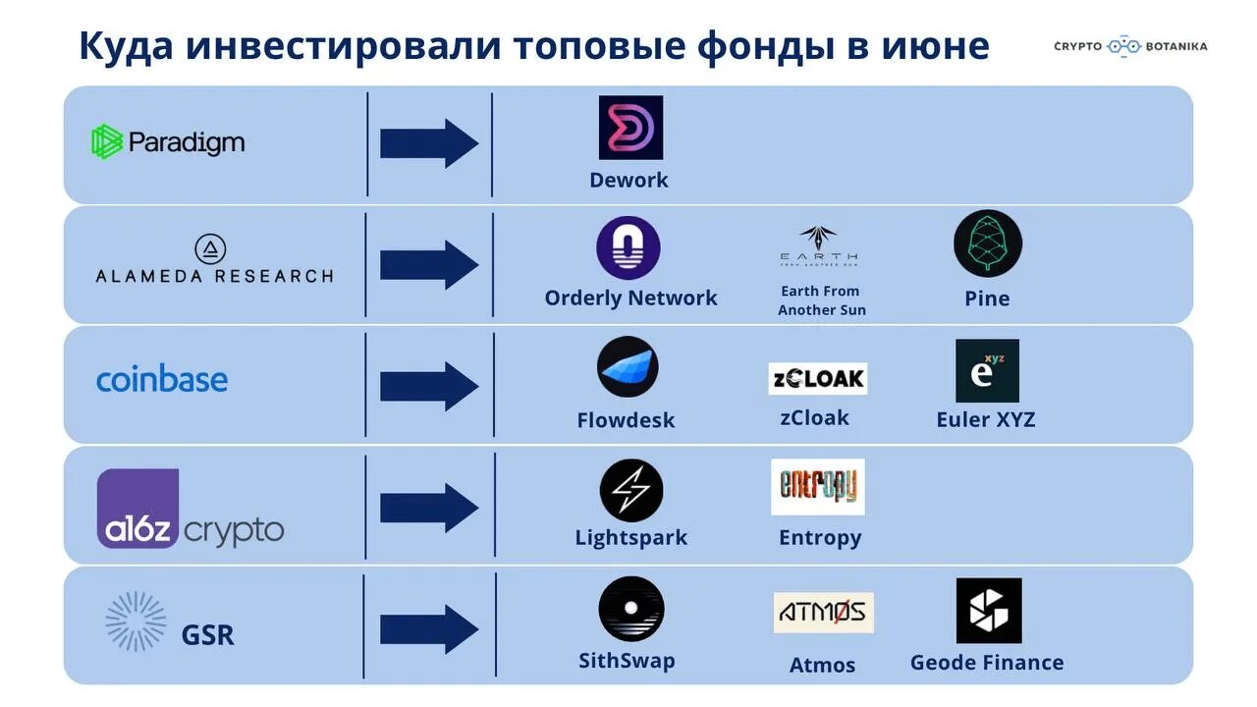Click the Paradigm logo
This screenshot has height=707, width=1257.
(x=167, y=142)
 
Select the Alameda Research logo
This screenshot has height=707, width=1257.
(x=214, y=260)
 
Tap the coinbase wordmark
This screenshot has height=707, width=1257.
(x=162, y=380)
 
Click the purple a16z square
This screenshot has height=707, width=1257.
(x=137, y=508)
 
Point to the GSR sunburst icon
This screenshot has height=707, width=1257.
(x=136, y=622)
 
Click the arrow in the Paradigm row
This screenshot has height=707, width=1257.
(x=429, y=143)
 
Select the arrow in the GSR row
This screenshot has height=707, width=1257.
(x=429, y=628)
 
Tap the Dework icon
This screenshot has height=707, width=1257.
(x=630, y=128)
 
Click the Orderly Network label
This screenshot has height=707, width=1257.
(x=630, y=299)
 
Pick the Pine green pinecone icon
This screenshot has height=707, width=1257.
(x=987, y=244)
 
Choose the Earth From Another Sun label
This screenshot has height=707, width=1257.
(x=821, y=300)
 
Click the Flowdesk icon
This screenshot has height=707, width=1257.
(x=628, y=367)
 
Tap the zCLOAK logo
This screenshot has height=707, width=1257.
(x=817, y=379)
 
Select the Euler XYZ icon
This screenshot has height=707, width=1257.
(x=987, y=371)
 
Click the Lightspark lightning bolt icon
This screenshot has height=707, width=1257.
(x=630, y=491)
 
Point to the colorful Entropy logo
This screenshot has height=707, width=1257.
(x=817, y=487)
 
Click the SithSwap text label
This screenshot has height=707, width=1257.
(x=627, y=661)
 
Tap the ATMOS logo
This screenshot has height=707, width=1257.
(x=822, y=613)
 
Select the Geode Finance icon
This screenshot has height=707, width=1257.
(x=988, y=611)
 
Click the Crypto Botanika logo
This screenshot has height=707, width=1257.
(x=1130, y=46)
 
